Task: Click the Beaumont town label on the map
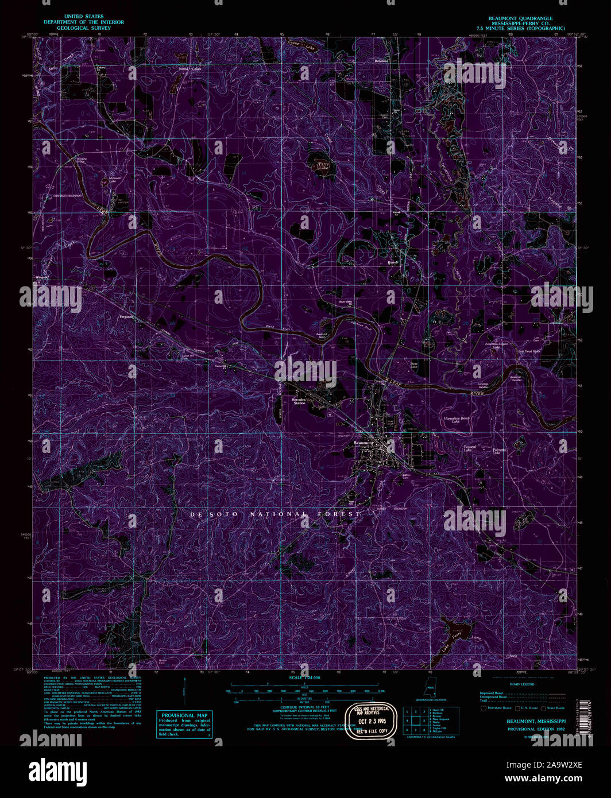[x=363, y=443]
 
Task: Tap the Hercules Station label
[x=299, y=401]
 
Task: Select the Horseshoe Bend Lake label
[x=457, y=420]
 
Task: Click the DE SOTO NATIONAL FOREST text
[x=276, y=515]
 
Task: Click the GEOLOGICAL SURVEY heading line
[x=76, y=28]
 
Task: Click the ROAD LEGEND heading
[x=522, y=684]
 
